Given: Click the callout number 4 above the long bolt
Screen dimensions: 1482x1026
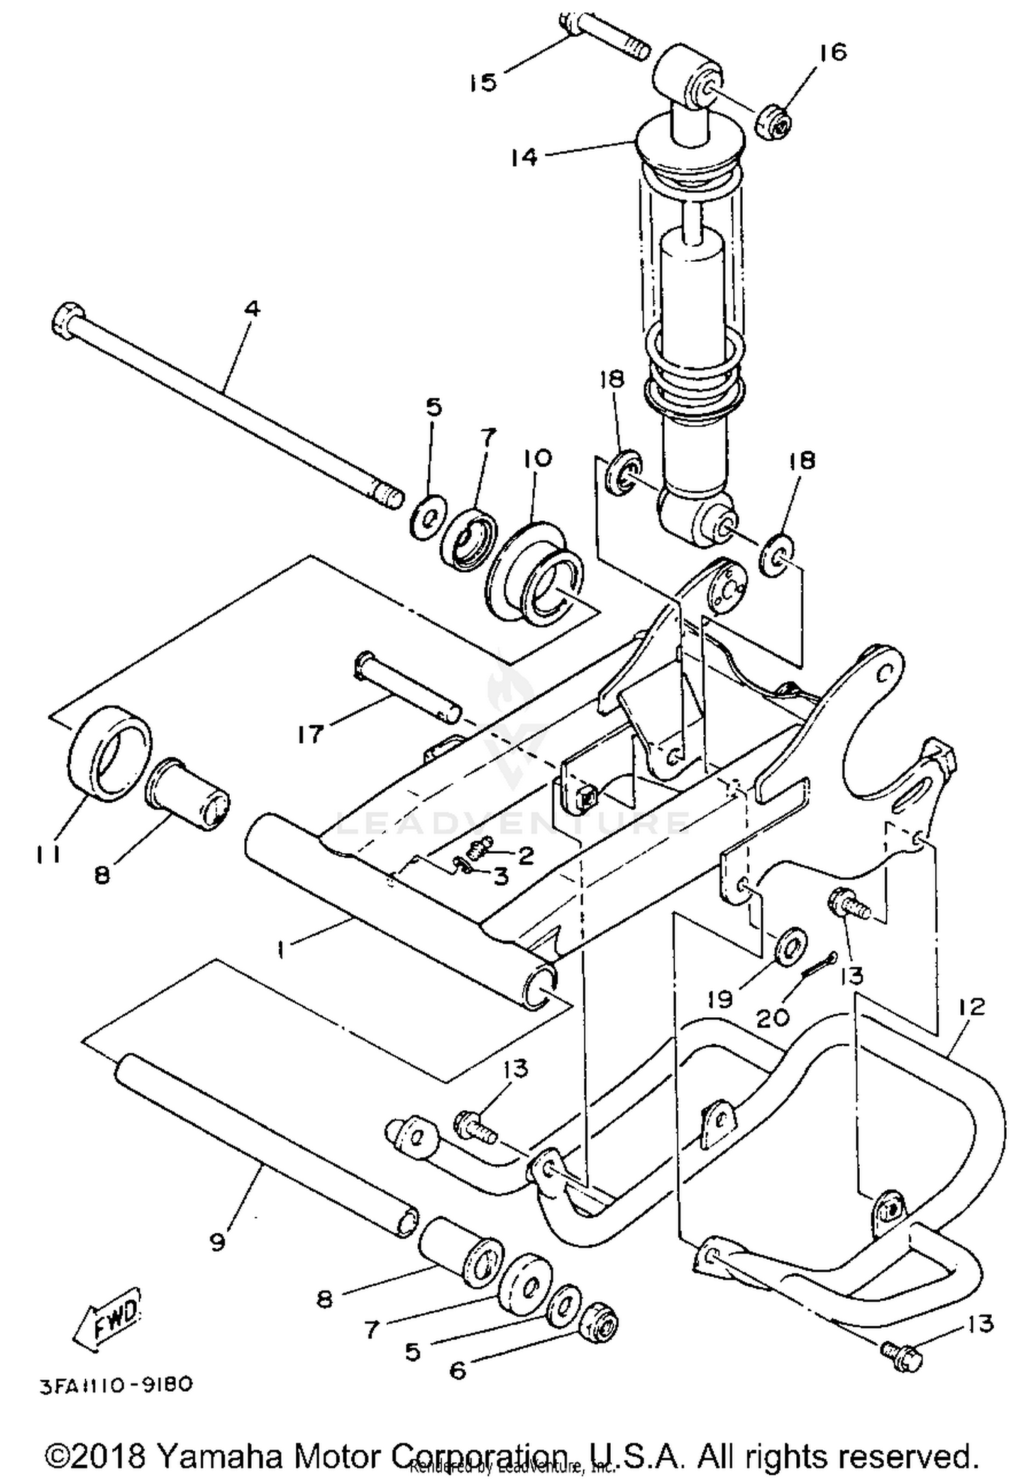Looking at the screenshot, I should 252,309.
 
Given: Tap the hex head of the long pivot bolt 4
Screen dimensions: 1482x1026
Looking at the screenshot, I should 66,321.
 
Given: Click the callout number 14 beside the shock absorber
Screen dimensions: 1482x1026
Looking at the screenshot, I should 523,157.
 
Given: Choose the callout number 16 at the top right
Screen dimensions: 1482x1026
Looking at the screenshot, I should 833,53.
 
